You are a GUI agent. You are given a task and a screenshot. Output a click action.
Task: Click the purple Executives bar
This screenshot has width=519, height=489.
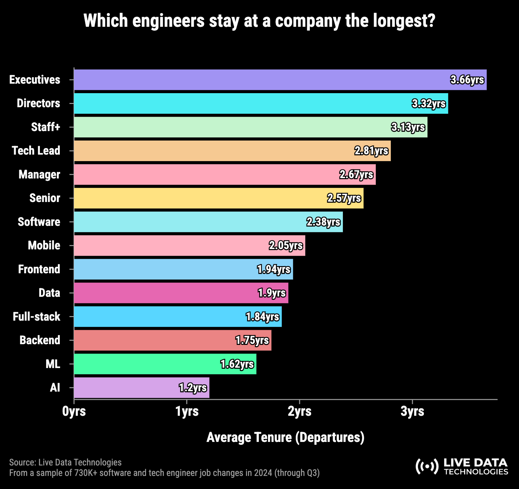click(261, 80)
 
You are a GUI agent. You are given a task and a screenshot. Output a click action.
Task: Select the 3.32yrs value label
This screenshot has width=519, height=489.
click(428, 104)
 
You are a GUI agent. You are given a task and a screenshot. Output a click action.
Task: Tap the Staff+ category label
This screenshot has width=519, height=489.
click(45, 127)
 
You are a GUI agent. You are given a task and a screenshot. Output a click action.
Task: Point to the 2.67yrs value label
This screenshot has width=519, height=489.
click(356, 175)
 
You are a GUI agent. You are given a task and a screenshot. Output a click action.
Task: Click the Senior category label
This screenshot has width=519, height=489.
click(45, 198)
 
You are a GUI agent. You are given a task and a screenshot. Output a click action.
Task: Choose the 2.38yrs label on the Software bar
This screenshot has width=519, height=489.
click(323, 222)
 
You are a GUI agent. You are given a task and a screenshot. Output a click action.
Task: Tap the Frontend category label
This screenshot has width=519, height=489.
click(39, 269)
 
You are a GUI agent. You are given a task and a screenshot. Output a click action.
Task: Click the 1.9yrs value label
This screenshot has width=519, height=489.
click(272, 293)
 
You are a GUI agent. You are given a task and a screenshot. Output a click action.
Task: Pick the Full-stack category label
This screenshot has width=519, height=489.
click(37, 317)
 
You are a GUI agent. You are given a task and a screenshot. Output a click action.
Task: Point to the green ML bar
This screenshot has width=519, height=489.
click(147, 364)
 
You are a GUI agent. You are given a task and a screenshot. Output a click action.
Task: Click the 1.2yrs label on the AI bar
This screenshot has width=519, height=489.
click(193, 388)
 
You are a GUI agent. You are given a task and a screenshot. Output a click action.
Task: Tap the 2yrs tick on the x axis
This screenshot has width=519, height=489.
click(299, 411)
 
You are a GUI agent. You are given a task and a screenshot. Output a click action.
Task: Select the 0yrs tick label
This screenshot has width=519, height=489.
click(74, 411)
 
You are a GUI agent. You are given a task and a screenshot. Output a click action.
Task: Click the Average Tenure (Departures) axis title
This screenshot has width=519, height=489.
click(285, 437)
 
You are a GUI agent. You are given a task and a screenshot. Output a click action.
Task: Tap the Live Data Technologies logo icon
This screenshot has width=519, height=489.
click(427, 466)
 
